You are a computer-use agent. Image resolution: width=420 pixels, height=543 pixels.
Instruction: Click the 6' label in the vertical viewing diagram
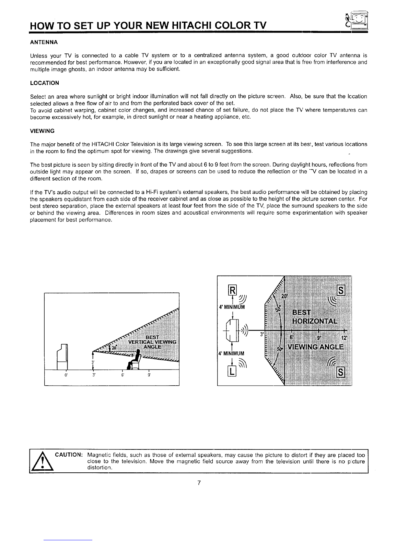point(122,375)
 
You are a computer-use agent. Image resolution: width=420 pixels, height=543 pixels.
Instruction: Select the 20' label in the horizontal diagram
point(284,296)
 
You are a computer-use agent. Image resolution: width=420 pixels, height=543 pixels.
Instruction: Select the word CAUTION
point(69,455)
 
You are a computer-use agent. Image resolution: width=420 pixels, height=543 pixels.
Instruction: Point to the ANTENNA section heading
point(44,42)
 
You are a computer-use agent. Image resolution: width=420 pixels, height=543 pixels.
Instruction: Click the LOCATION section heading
point(45,83)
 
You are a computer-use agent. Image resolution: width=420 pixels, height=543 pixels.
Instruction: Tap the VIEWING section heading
point(43,131)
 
